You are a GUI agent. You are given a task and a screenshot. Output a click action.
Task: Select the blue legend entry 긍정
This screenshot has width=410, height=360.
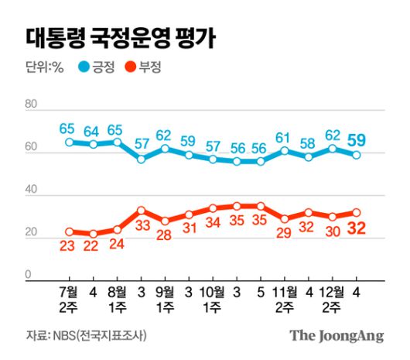click(97, 68)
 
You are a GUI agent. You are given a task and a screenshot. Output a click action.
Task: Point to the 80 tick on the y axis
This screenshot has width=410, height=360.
click(32, 105)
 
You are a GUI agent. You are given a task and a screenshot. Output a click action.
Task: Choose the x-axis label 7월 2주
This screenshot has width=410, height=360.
click(70, 300)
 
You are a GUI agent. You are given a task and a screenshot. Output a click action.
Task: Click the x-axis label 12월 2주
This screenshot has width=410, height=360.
click(333, 300)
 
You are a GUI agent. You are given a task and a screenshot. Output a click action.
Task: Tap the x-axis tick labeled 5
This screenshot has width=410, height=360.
click(261, 292)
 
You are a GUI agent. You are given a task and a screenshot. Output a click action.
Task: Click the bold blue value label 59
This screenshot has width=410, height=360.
click(360, 140)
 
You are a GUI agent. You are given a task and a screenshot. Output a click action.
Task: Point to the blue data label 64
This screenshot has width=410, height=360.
click(93, 129)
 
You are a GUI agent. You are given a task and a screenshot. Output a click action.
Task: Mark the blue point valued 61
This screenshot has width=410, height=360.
click(284, 150)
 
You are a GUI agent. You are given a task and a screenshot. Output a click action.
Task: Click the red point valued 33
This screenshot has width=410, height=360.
click(141, 210)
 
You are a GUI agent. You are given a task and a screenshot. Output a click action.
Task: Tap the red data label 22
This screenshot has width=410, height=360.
click(93, 246)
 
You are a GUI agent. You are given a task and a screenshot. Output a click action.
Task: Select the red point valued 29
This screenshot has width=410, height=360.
click(284, 219)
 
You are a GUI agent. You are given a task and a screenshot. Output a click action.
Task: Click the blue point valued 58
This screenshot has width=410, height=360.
click(308, 157)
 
